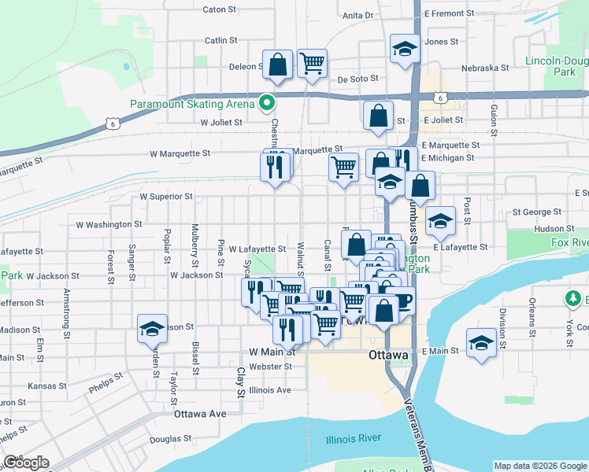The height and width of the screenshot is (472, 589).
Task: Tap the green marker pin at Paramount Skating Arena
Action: pos(267,103)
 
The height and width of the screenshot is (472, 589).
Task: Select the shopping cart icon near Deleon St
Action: pos(313,62)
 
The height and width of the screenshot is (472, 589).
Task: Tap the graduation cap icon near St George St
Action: pos(440,220)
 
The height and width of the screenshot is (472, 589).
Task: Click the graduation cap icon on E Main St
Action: pos(481,342)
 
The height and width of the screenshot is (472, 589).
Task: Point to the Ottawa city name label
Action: pos(388,356)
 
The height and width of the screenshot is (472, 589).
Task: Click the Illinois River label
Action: pos(354,438)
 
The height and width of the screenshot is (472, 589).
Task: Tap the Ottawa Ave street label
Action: pos(200,413)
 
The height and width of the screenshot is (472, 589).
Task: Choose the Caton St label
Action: pos(219,10)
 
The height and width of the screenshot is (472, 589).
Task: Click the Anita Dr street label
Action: pos(357,15)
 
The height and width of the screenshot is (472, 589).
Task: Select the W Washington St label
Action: pos(109,224)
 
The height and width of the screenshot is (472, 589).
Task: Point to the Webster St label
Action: pos(270,367)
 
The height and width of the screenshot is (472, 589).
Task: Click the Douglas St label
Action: pos(165,440)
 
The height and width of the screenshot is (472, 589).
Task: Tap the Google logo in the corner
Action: pos(26,463)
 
